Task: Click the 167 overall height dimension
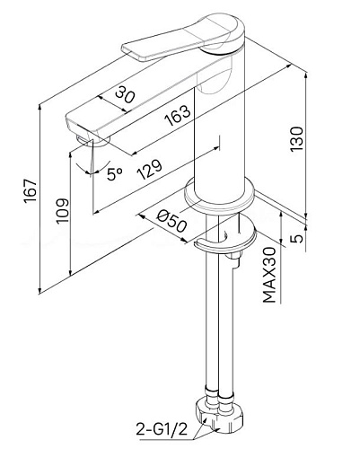pyautogui.click(x=31, y=191)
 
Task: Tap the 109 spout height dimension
pyautogui.click(x=62, y=210)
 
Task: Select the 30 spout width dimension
pyautogui.click(x=126, y=93)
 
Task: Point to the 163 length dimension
pyautogui.click(x=178, y=116)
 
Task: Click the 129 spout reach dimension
pyautogui.click(x=149, y=169)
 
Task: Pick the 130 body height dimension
pyautogui.click(x=296, y=139)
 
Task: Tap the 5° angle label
pyautogui.click(x=115, y=174)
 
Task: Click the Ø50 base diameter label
pyautogui.click(x=171, y=221)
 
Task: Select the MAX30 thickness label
pyautogui.click(x=269, y=275)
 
